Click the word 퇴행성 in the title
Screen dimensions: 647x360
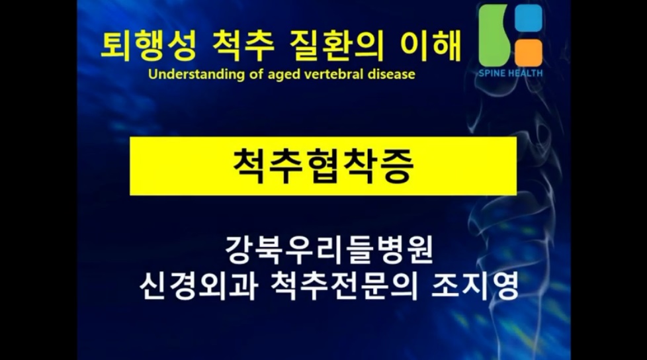[x=149, y=46]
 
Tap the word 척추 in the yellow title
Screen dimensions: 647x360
[x=243, y=46]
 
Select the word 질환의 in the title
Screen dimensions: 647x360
[x=336, y=46]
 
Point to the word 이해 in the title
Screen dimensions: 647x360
[x=430, y=46]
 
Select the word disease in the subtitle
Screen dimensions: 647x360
[x=391, y=74]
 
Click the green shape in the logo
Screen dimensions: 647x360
[x=494, y=36]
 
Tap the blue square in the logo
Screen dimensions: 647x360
[x=529, y=18]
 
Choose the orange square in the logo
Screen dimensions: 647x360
[x=529, y=53]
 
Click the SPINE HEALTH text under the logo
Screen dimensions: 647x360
[x=511, y=73]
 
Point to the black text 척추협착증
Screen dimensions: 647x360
[x=323, y=166]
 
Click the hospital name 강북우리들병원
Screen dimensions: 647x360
[x=329, y=249]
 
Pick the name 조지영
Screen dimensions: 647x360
[x=474, y=286]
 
